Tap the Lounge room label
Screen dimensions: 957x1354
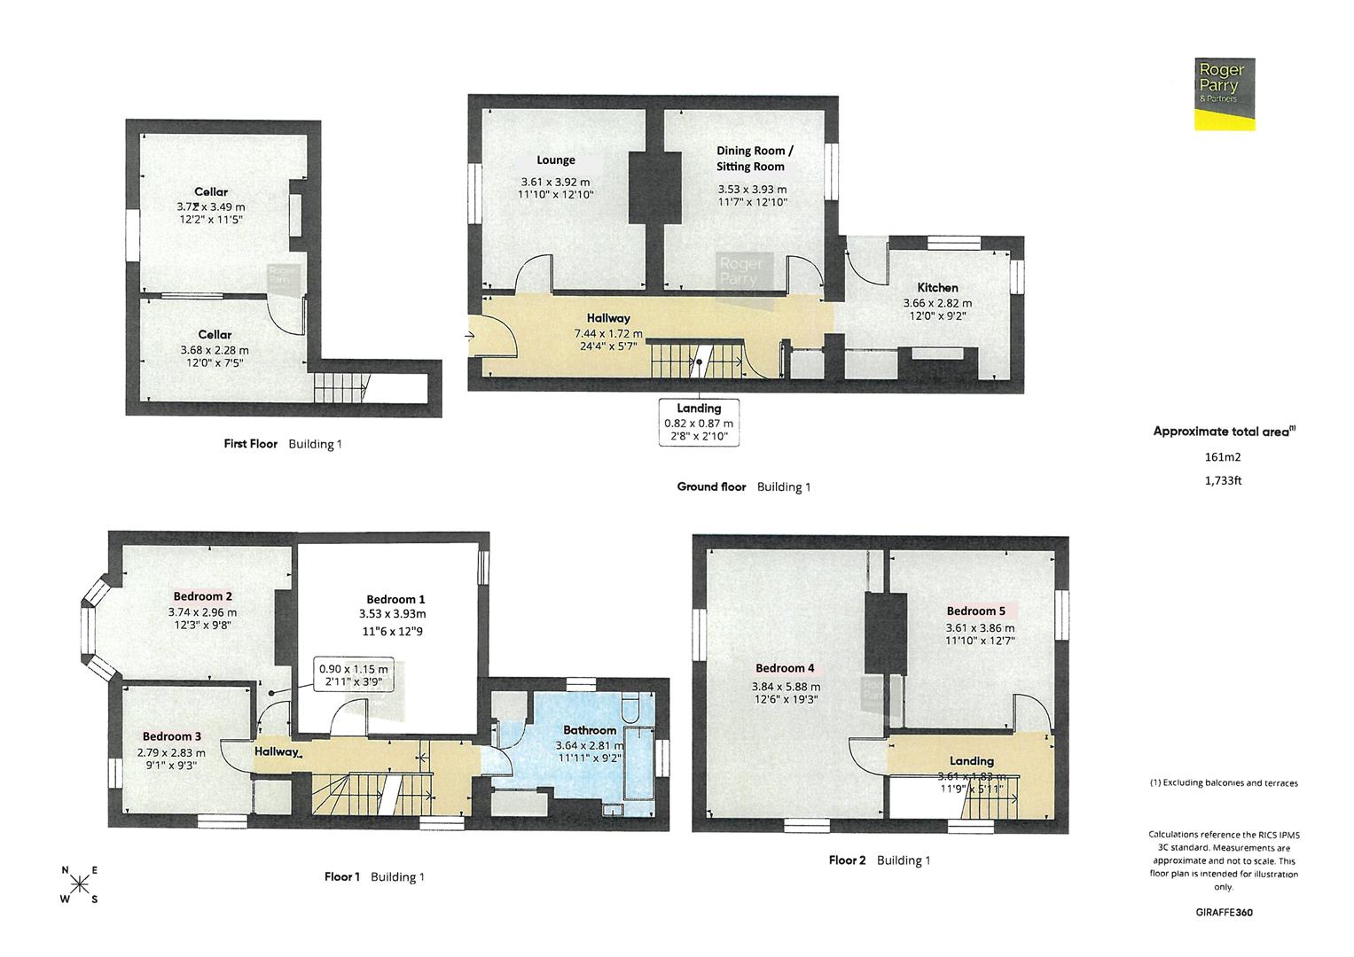click(x=556, y=160)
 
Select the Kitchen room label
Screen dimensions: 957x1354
click(x=937, y=287)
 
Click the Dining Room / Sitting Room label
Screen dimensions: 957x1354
click(x=751, y=159)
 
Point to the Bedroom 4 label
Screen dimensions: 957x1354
click(x=785, y=668)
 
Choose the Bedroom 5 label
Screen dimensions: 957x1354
click(x=975, y=611)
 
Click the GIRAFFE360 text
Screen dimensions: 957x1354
click(x=1224, y=912)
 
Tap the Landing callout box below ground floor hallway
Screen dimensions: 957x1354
click(x=699, y=422)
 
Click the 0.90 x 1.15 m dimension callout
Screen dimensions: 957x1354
click(x=354, y=675)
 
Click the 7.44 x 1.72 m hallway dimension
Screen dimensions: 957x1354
click(x=608, y=333)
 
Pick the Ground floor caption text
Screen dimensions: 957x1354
click(x=711, y=486)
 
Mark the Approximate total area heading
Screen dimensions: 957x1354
click(x=1224, y=432)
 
